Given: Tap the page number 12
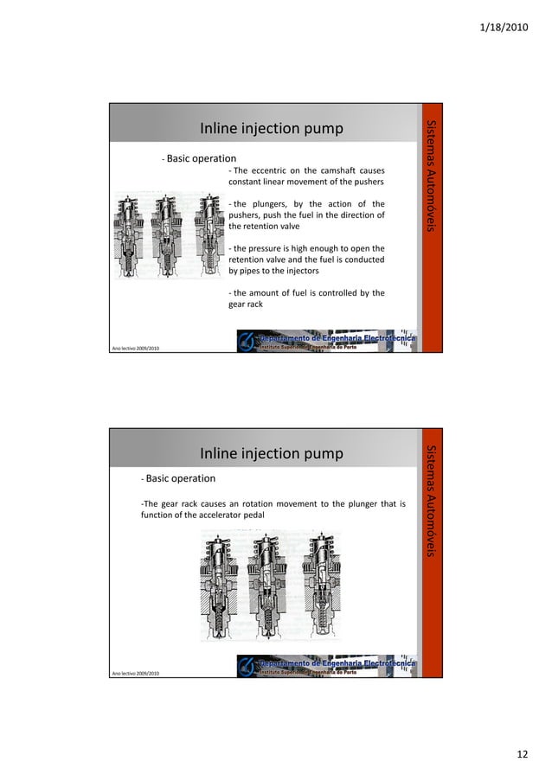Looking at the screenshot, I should tap(521, 755).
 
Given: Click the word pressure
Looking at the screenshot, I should tap(262, 248).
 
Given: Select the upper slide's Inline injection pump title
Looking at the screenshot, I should tap(272, 130).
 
